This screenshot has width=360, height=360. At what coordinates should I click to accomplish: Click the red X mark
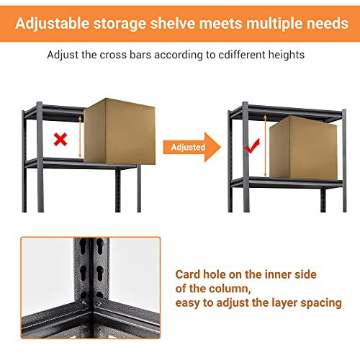61,138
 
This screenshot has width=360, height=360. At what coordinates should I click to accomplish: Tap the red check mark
251,148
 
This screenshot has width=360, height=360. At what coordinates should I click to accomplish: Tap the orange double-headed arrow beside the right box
267,148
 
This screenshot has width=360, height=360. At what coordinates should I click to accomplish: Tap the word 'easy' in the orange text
189,303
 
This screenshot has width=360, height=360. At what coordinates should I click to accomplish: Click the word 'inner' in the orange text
292,274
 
